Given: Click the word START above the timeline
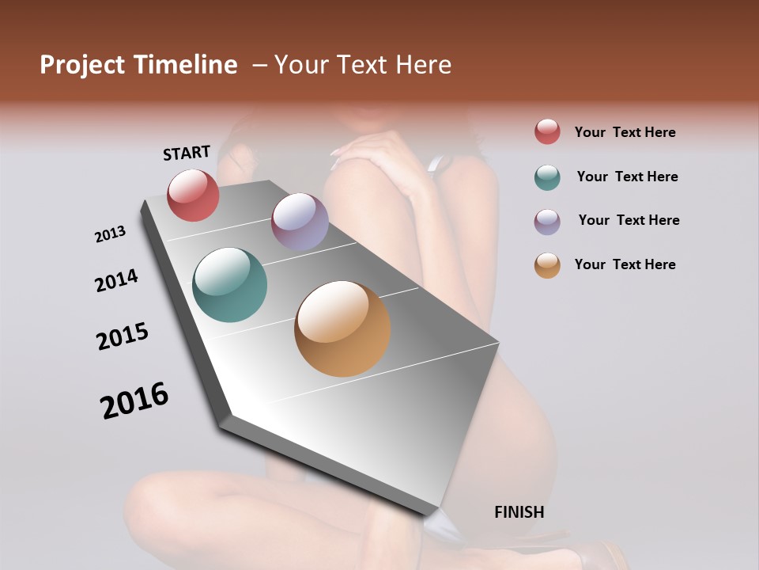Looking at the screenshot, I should click(187, 153).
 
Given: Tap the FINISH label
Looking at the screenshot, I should click(519, 512).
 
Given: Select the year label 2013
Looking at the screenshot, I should click(110, 234).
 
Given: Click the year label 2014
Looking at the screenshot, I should click(116, 280).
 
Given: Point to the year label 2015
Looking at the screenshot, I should click(123, 336).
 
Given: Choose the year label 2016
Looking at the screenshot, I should click(134, 401).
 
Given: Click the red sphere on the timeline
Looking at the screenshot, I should click(193, 195).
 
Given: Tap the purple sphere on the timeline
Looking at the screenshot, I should click(300, 222).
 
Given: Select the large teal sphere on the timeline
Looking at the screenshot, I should click(229, 285).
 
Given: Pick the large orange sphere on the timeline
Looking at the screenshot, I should click(342, 329).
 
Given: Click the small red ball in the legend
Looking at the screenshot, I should click(547, 132).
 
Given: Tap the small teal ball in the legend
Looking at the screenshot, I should click(547, 177).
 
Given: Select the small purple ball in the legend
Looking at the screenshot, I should click(547, 222).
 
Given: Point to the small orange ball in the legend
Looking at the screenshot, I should click(547, 265).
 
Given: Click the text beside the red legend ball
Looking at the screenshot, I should click(625, 132).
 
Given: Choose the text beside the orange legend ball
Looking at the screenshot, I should click(625, 264).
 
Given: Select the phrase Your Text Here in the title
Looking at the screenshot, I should click(363, 65).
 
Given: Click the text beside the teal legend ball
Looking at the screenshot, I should click(627, 177).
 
